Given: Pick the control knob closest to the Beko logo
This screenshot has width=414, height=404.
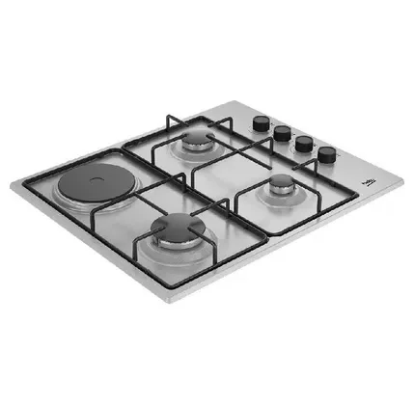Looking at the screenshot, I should [327, 153].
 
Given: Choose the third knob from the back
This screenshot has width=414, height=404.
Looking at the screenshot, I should [306, 143].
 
